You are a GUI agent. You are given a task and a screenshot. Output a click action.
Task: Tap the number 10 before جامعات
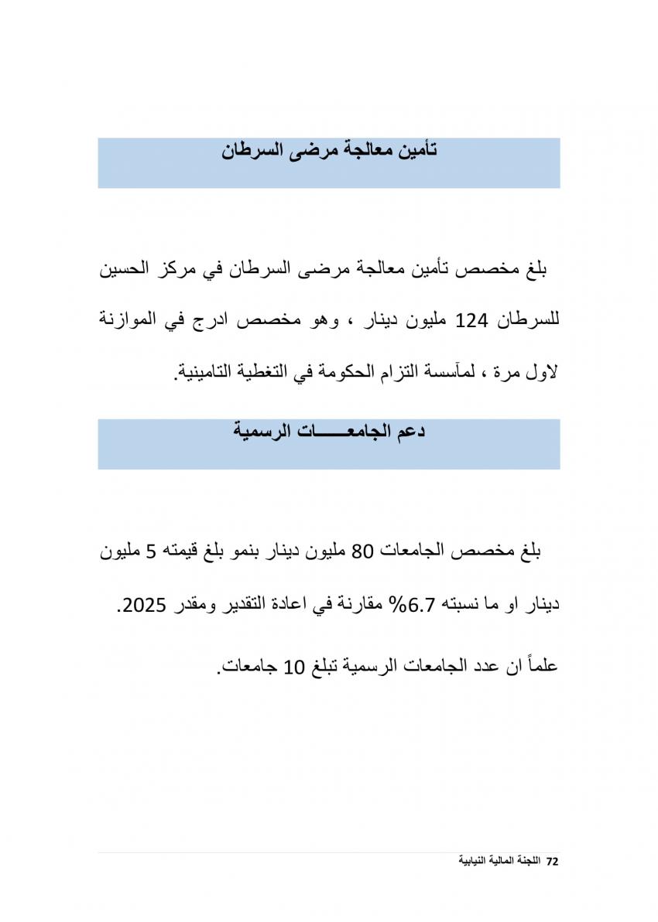296,666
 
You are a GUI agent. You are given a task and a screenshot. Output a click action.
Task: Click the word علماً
538,664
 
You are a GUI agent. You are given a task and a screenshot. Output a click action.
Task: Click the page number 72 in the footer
552,861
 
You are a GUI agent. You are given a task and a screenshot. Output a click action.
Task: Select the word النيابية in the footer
472,861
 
